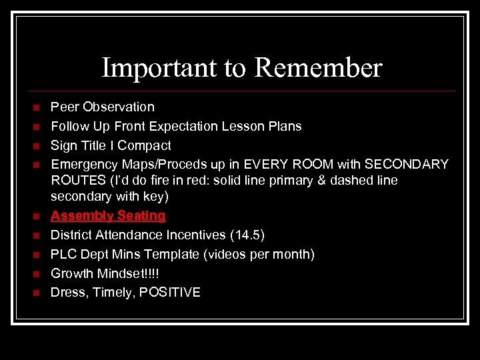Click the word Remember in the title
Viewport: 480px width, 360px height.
[318, 68]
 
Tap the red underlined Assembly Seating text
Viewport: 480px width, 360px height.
[108, 215]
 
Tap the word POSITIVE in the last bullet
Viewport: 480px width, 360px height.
[169, 293]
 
